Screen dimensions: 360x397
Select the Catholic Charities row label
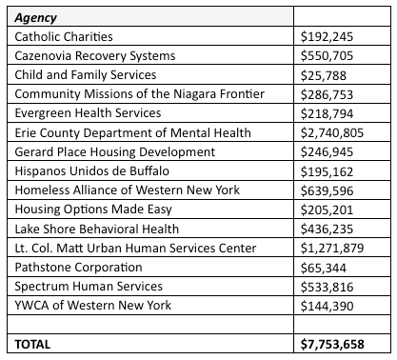(63, 36)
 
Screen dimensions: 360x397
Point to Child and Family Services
(86, 74)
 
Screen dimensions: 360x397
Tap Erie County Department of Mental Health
(131, 132)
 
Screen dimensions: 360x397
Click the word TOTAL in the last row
(34, 343)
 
